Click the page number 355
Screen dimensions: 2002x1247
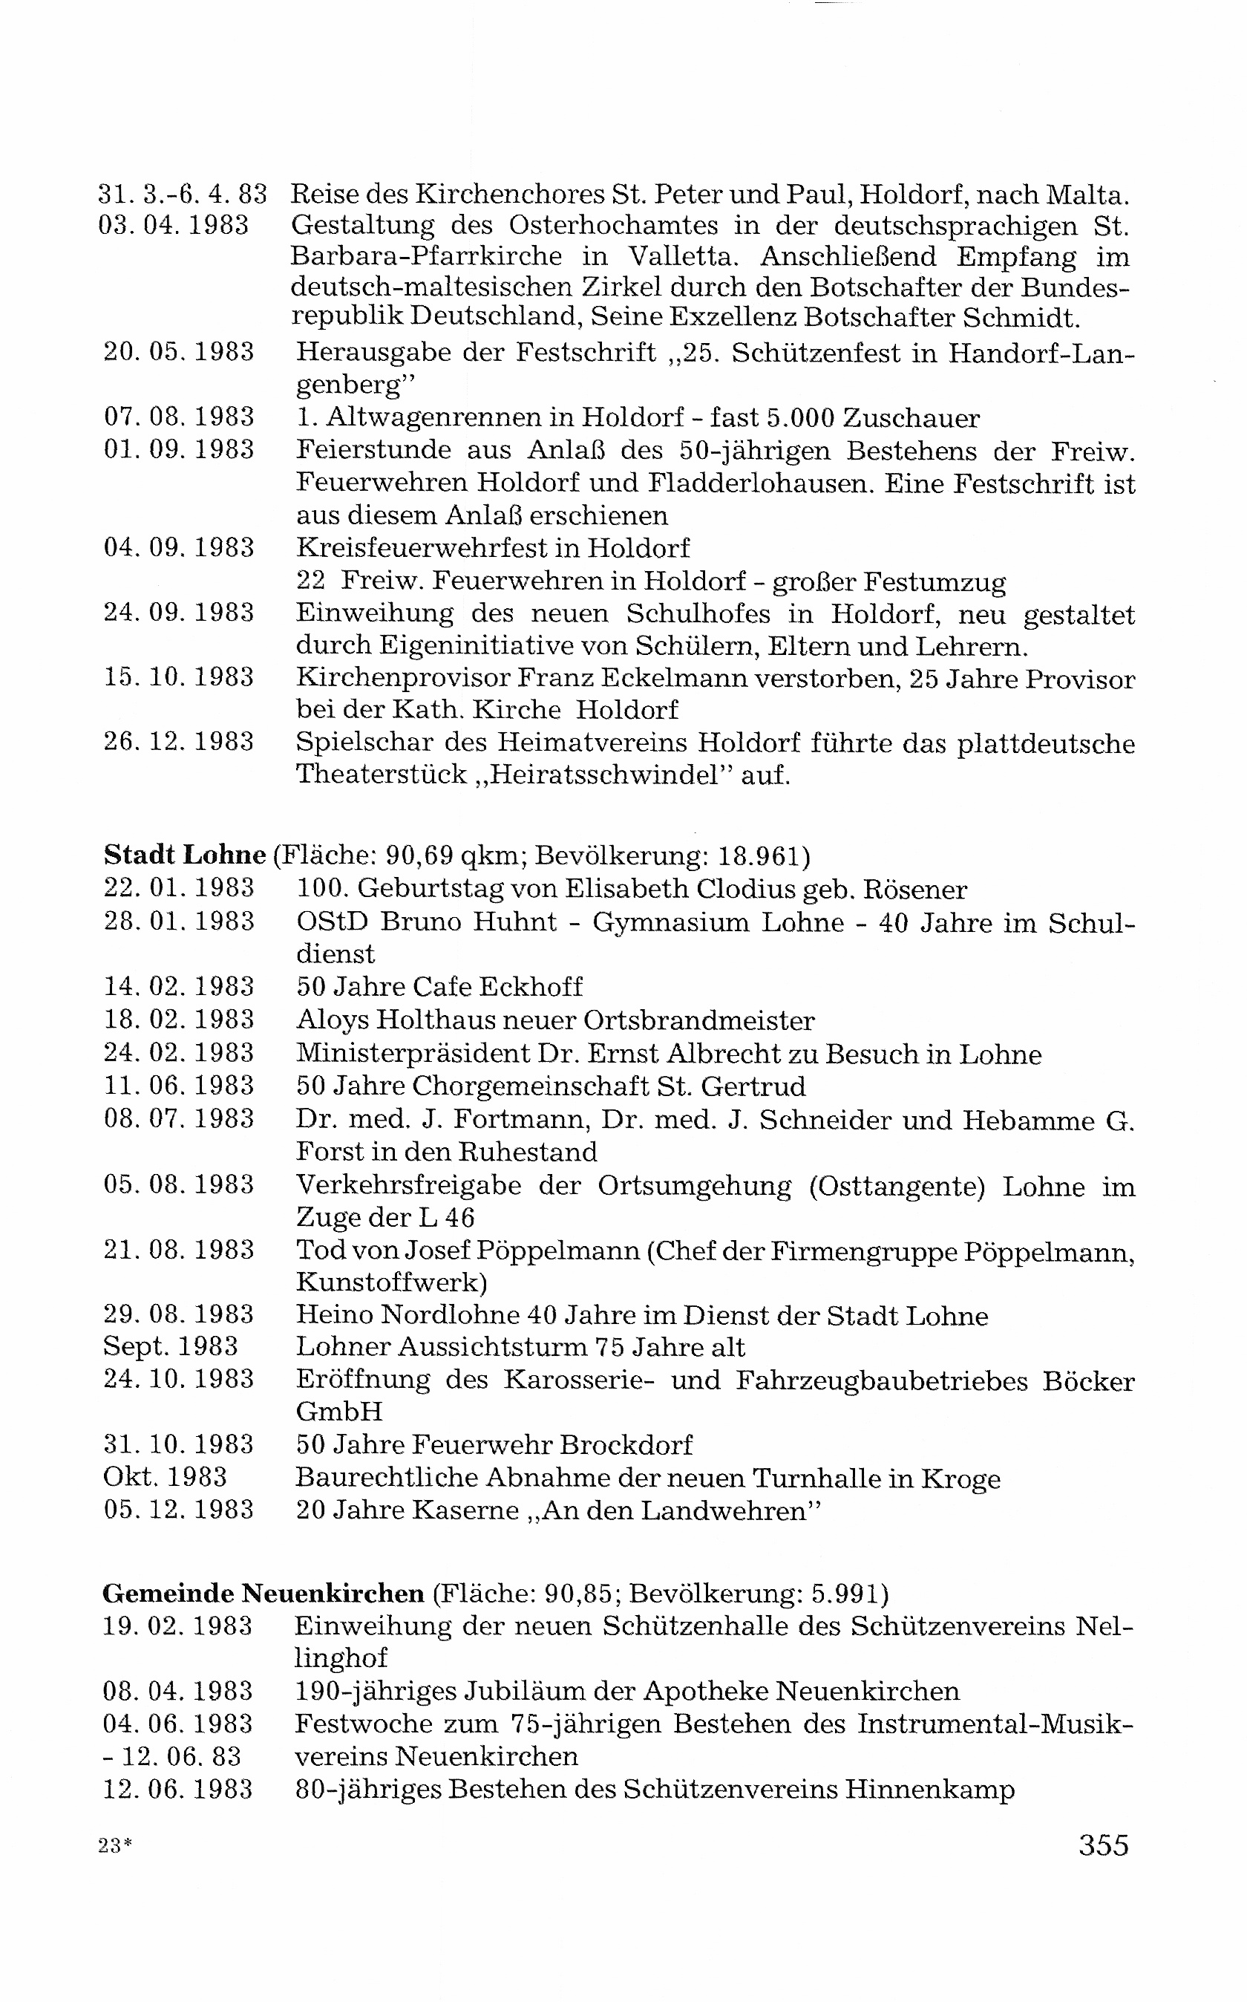click(1103, 1845)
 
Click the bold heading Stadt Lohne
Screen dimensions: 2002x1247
click(185, 855)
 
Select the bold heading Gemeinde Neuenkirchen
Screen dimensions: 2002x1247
click(263, 1593)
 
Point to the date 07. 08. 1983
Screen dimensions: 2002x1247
click(179, 417)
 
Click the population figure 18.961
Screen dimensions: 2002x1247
click(759, 856)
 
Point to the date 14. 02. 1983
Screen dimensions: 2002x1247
click(179, 987)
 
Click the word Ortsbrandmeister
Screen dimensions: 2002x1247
click(699, 1020)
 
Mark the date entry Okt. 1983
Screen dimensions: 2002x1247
click(165, 1478)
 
